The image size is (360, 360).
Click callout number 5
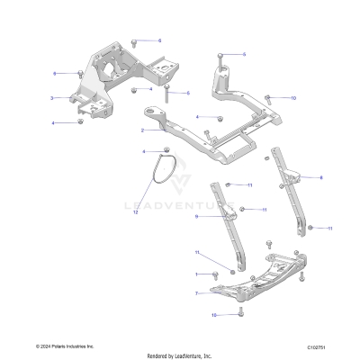243,54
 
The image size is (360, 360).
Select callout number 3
51,97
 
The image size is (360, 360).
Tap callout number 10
292,97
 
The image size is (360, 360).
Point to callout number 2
142,130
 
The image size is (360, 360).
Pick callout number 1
196,273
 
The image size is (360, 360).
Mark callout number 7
196,292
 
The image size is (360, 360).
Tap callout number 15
214,315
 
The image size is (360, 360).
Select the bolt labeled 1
216,273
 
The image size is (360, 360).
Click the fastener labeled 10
268,97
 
